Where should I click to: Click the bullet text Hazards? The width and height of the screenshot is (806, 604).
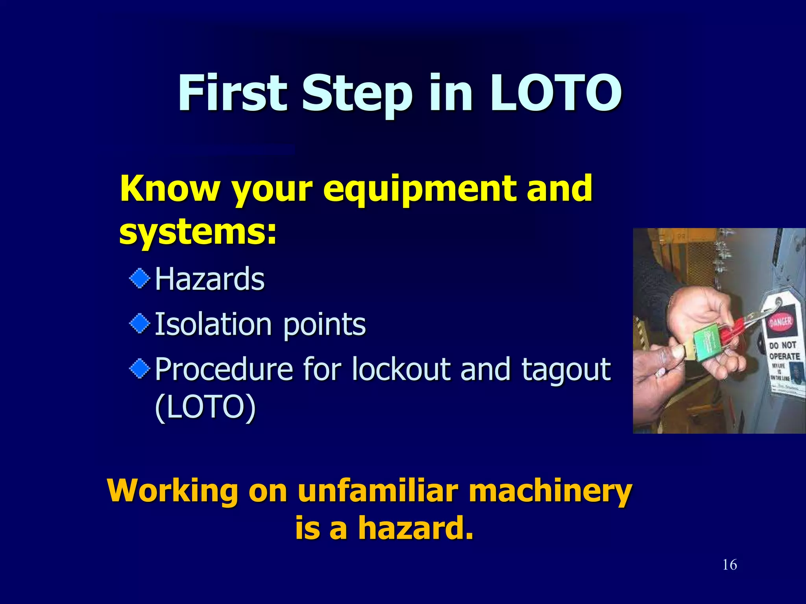[209, 279]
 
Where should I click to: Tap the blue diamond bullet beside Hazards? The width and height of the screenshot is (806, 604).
[140, 279]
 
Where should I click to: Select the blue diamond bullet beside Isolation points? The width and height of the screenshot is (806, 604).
[140, 324]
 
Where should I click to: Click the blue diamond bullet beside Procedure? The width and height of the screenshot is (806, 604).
[140, 369]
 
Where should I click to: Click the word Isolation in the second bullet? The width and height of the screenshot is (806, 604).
[213, 324]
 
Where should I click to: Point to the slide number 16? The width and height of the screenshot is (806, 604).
[730, 565]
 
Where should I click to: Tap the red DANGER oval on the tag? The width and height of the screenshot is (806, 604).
[781, 322]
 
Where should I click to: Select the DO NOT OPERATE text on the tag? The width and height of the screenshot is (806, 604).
[783, 351]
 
